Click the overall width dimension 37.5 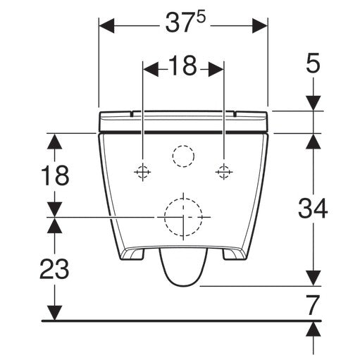185,23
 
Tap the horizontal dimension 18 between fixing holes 182,66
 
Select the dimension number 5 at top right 313,63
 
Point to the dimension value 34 313,209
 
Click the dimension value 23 54,269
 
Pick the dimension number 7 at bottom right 314,305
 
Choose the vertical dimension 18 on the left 55,175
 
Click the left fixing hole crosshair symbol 142,172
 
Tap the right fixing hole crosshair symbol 224,172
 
